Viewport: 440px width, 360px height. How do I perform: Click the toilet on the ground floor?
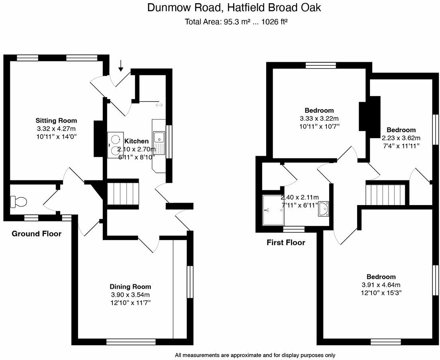coord(18,202)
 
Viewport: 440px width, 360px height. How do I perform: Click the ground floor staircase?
coord(123,194)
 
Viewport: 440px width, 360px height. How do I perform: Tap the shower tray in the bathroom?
coord(273,210)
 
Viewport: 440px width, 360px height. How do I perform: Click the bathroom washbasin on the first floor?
coord(324,209)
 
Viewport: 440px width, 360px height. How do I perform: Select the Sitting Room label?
coord(56,120)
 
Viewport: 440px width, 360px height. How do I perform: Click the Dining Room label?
coord(130,286)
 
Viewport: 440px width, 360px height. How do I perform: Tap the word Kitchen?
coord(137,141)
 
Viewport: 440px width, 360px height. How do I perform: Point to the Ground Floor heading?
coord(37,234)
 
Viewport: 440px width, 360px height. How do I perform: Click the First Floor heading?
coord(286,242)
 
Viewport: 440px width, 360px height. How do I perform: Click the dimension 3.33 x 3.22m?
coord(319,119)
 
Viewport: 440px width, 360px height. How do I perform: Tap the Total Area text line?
coord(236,22)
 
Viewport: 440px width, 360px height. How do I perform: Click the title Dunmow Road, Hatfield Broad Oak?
coord(234,8)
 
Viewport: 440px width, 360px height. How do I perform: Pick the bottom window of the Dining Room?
coord(131,342)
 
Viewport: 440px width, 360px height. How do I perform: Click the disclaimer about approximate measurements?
coord(255,355)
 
